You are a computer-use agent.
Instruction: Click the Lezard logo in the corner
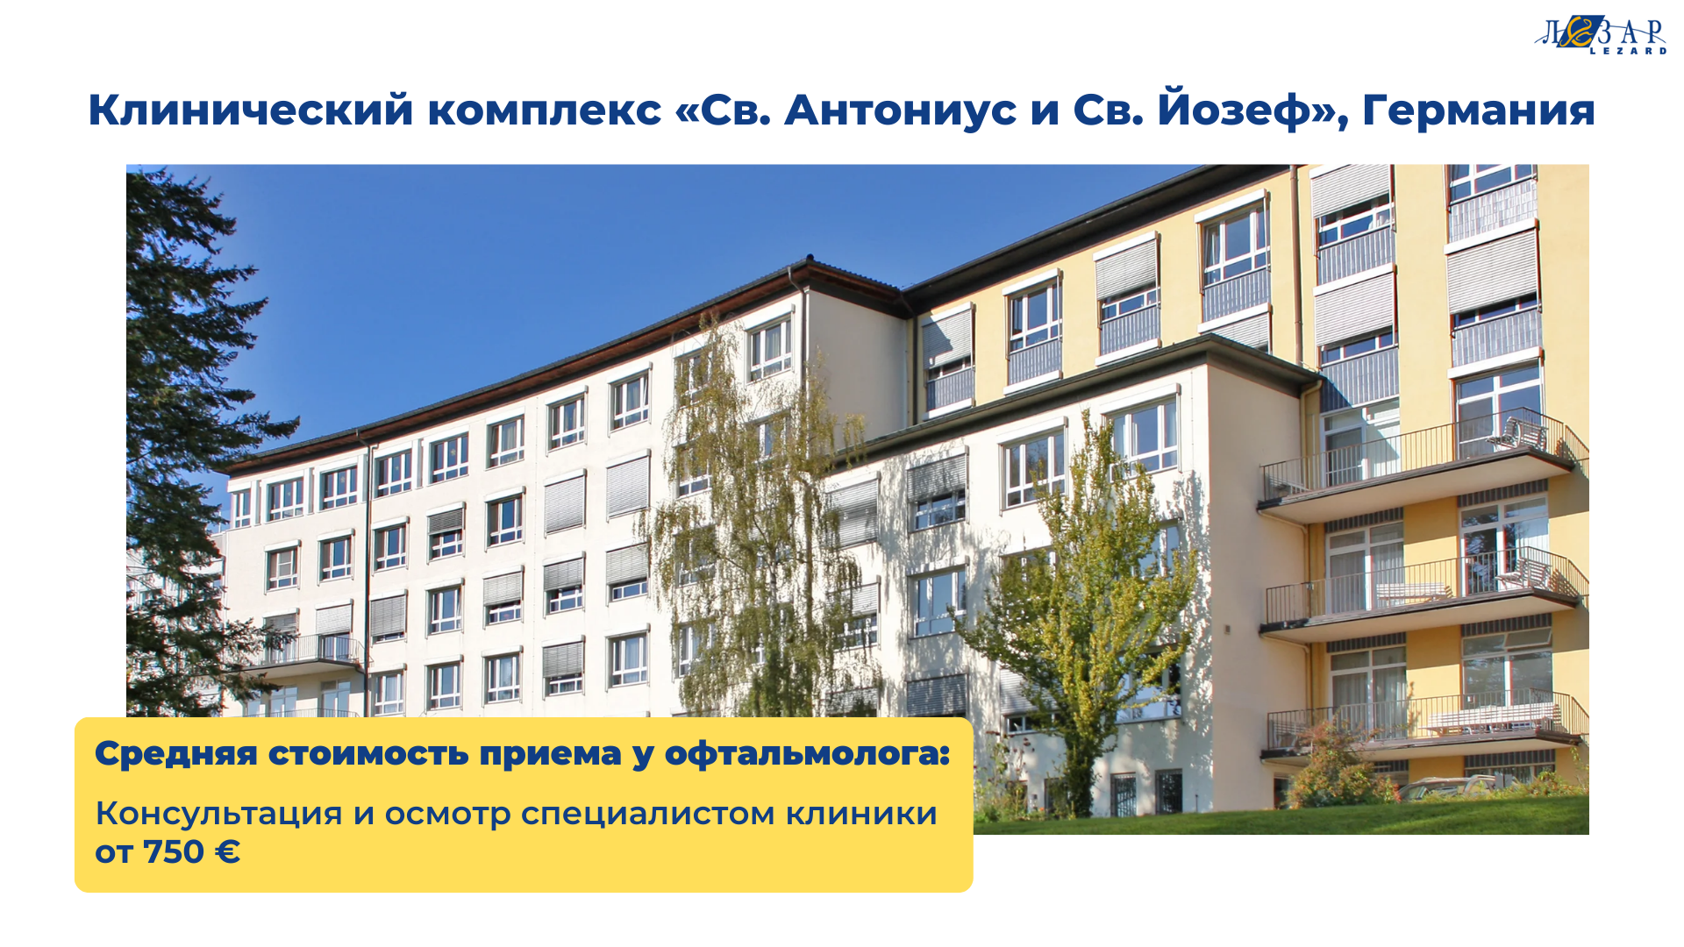pyautogui.click(x=1601, y=35)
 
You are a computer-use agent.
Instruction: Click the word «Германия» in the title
pyautogui.click(x=1478, y=110)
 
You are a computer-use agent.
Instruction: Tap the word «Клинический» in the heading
pyautogui.click(x=251, y=111)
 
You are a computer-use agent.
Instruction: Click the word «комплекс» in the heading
pyautogui.click(x=545, y=111)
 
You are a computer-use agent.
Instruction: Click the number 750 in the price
pyautogui.click(x=174, y=852)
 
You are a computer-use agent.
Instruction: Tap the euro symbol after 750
pyautogui.click(x=227, y=852)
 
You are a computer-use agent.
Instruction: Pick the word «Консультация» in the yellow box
pyautogui.click(x=218, y=814)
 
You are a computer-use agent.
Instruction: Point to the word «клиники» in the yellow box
pyautogui.click(x=861, y=814)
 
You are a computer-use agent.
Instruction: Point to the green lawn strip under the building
pyautogui.click(x=1281, y=818)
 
